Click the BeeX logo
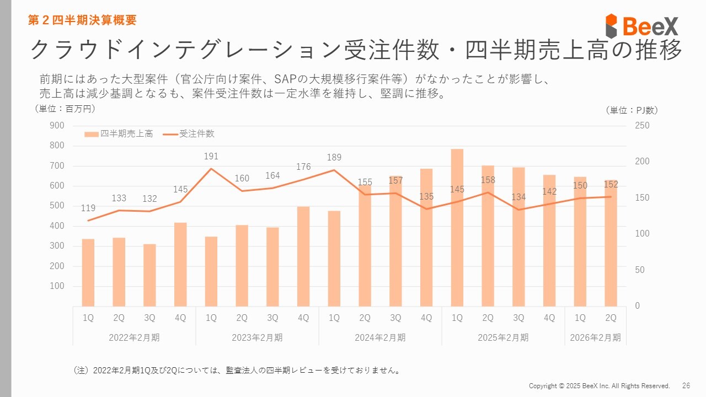click(x=642, y=26)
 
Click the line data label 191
click(x=211, y=157)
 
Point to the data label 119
click(x=88, y=208)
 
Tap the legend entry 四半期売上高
click(x=119, y=134)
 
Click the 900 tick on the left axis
click(x=57, y=126)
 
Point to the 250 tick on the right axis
click(x=643, y=126)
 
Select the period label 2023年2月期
click(x=257, y=337)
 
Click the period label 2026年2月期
click(x=595, y=337)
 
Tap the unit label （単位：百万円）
click(x=65, y=109)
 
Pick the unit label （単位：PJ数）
click(x=632, y=110)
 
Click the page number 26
click(x=686, y=385)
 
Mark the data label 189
click(x=334, y=158)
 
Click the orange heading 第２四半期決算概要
click(x=83, y=20)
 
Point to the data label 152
click(x=611, y=185)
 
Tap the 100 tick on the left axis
click(x=57, y=286)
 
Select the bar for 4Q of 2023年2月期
click(x=303, y=256)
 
